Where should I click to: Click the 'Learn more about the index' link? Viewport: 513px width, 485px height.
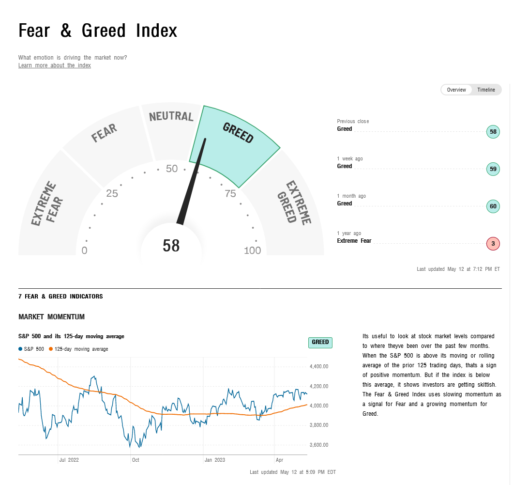[x=55, y=65]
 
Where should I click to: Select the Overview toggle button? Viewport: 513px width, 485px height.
[x=456, y=90]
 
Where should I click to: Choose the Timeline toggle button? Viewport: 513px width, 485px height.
[x=486, y=90]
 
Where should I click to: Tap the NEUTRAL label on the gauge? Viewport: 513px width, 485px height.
[x=171, y=117]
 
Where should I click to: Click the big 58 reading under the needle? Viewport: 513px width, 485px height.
[x=171, y=246]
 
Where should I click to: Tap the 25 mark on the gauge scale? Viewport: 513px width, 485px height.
[x=112, y=194]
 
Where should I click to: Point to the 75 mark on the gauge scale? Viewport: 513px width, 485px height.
[x=230, y=194]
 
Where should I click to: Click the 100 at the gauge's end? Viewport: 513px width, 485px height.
[x=253, y=250]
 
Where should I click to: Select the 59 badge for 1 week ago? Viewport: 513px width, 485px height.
[x=493, y=169]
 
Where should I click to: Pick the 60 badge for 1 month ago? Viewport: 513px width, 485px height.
[x=493, y=206]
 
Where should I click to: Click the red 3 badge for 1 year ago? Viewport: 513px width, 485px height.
[x=493, y=244]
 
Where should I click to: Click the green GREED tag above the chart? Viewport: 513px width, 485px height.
[x=320, y=342]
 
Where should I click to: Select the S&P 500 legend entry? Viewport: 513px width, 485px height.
[x=31, y=349]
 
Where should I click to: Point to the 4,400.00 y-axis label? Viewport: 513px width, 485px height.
[x=319, y=366]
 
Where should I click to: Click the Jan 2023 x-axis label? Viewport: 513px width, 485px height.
[x=214, y=460]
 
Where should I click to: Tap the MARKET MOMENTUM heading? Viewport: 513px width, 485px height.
[x=51, y=317]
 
